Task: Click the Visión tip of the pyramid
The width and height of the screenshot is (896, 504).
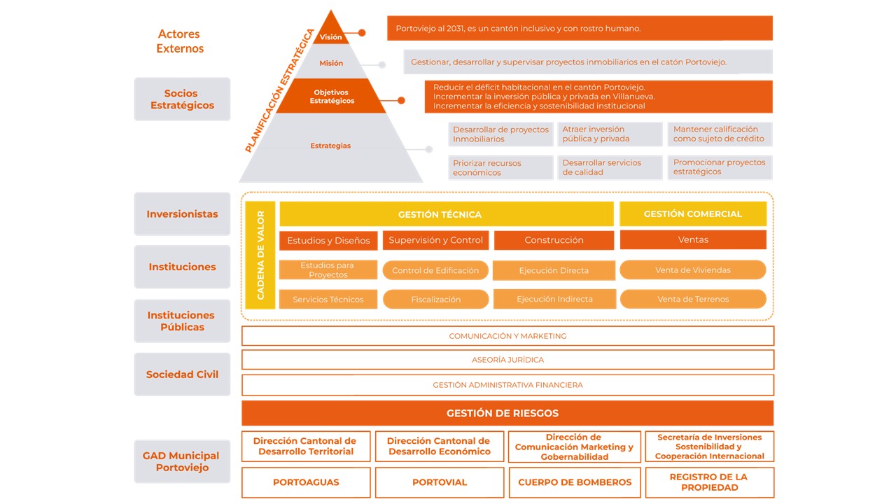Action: (330, 34)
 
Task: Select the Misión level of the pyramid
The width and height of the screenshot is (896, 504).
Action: (331, 63)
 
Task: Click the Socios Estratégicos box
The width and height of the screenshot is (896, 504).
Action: (182, 99)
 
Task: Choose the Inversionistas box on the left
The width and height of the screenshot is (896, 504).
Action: (182, 214)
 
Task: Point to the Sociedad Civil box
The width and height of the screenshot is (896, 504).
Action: (182, 374)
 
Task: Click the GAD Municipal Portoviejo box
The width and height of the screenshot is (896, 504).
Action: (182, 461)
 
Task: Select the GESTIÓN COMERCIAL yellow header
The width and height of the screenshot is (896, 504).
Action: (692, 214)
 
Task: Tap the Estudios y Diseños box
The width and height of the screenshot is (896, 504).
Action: (328, 241)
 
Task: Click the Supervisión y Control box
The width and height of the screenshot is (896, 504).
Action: (435, 240)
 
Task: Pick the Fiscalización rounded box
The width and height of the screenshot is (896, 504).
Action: (435, 300)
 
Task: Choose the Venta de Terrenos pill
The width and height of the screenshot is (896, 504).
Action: (692, 300)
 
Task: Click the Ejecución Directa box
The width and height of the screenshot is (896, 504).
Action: (554, 270)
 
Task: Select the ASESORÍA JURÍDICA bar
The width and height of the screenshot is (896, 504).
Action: (507, 360)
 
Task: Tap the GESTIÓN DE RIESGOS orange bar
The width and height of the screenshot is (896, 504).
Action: (507, 413)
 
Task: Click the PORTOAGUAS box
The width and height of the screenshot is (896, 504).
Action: (306, 482)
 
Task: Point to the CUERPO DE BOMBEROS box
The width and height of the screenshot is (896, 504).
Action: (574, 482)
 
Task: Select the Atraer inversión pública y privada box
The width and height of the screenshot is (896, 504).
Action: (609, 134)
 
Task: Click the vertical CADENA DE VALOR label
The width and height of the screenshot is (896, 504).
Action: (260, 255)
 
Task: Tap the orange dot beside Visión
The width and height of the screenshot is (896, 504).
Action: (362, 33)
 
